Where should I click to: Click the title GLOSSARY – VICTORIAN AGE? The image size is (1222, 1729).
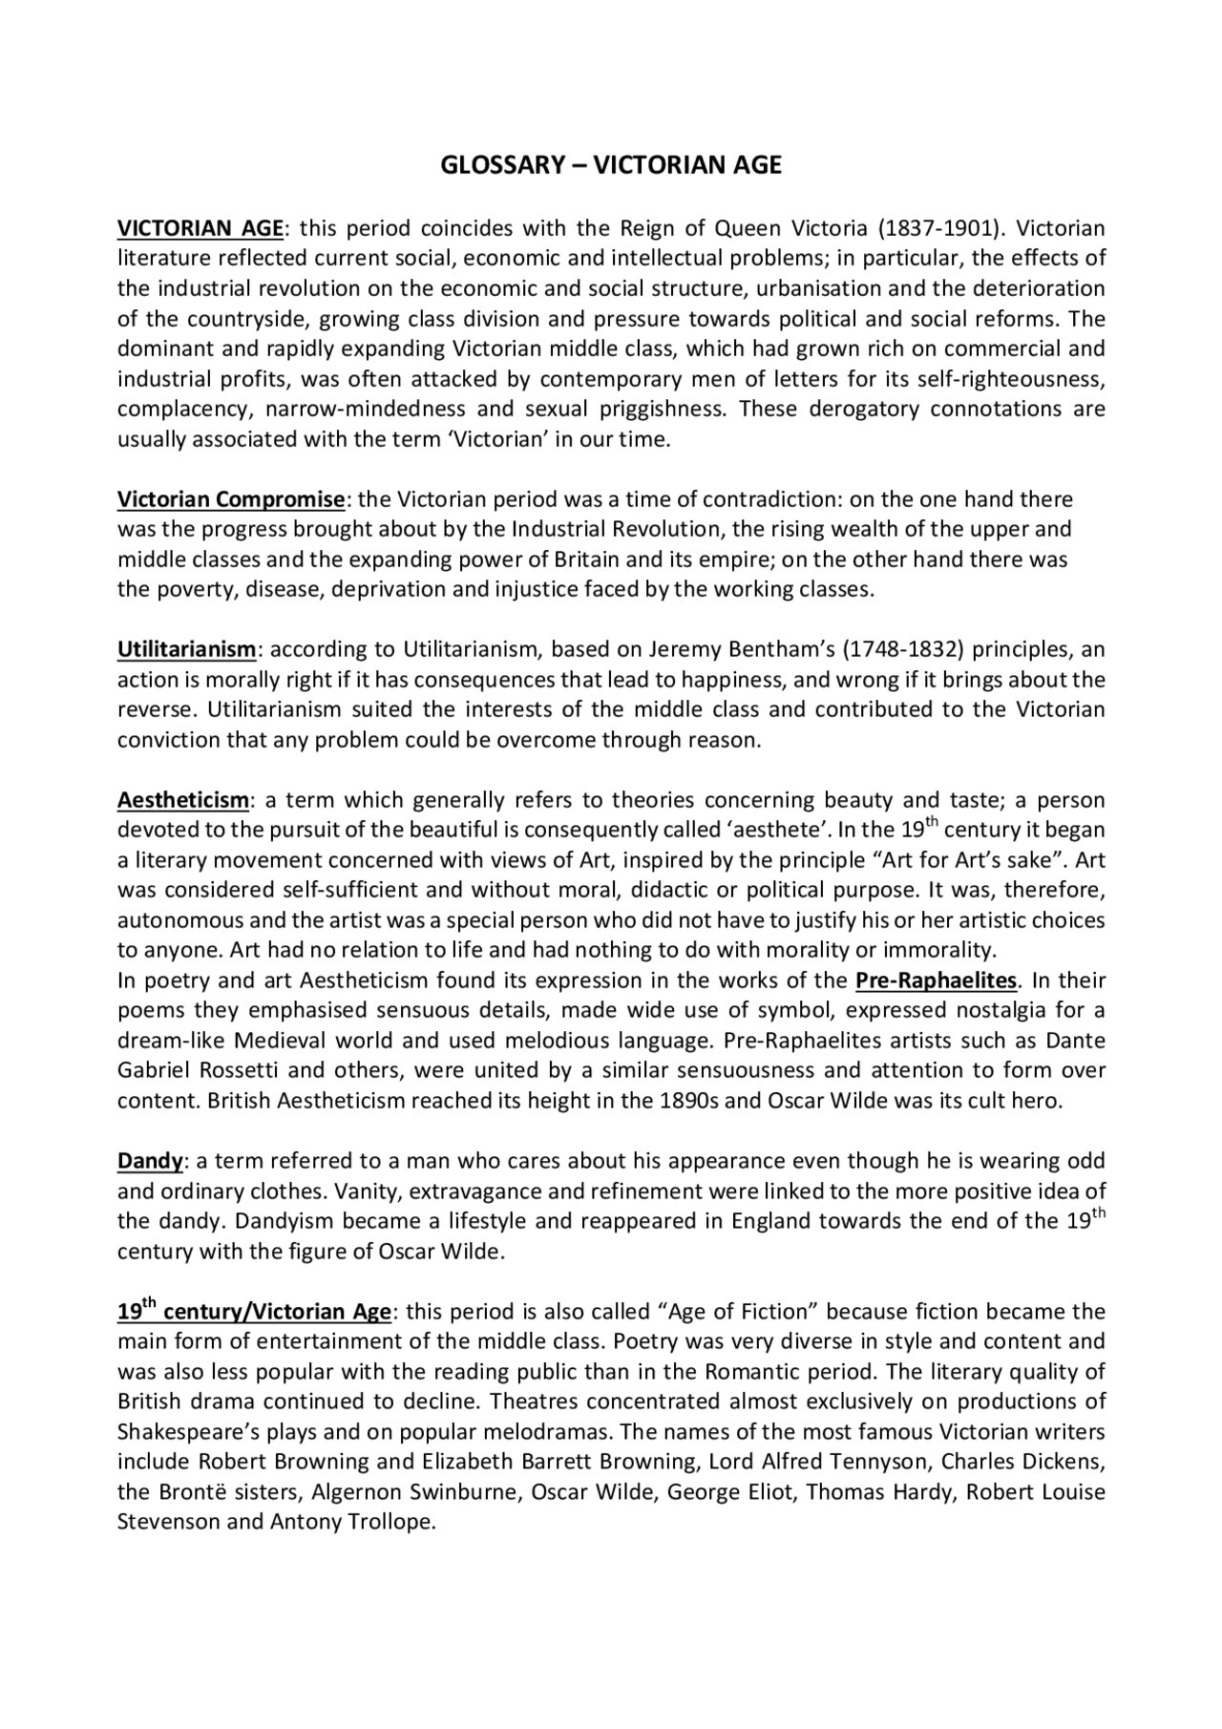[x=610, y=165]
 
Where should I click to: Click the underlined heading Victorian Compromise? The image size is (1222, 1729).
[x=230, y=499]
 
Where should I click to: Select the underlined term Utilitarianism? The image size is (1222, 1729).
[x=186, y=650]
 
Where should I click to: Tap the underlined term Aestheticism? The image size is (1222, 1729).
[x=182, y=800]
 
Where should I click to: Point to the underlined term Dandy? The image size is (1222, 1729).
[x=150, y=1161]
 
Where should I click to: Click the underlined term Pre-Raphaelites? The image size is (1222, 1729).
[x=936, y=980]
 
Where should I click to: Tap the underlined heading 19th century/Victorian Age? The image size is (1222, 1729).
[x=254, y=1312]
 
